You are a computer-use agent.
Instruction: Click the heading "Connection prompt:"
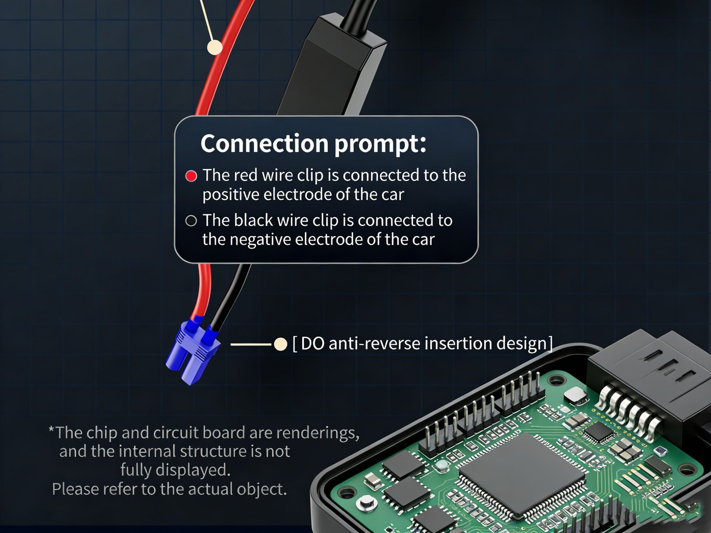pos(313,144)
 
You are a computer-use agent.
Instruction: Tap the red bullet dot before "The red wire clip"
pos(191,176)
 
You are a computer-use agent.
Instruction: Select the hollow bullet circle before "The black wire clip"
pos(191,221)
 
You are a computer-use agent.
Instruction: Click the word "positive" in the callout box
pos(231,195)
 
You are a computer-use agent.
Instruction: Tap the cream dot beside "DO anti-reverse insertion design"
pos(280,344)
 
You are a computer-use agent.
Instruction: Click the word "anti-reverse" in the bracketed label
pos(374,343)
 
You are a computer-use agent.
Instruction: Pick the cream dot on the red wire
pos(215,47)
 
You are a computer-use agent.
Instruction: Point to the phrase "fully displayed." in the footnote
pos(175,470)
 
